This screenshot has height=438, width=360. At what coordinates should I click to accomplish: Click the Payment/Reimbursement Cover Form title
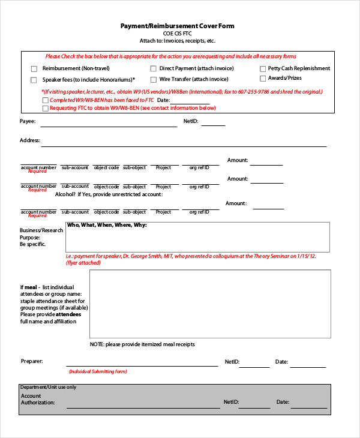(177, 26)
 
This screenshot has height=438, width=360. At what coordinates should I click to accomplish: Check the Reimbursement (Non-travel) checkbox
(34, 69)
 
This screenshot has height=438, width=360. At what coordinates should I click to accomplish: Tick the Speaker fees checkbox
(34, 79)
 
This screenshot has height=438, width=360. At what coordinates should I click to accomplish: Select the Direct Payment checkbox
(154, 69)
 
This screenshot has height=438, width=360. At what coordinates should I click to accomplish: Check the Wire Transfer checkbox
(154, 79)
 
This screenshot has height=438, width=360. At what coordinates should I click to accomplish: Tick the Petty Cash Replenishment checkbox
(263, 69)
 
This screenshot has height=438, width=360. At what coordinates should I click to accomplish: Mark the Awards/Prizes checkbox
(263, 79)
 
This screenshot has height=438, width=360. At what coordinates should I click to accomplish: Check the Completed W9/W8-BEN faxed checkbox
(46, 100)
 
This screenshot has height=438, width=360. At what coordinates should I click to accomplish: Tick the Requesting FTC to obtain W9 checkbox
(46, 109)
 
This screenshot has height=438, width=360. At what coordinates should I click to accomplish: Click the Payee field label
(28, 121)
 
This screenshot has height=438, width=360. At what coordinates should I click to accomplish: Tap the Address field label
(29, 140)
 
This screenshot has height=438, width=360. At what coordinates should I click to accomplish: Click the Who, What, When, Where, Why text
(107, 226)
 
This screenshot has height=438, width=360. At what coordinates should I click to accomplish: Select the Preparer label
(31, 362)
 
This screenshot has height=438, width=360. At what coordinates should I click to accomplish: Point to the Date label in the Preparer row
(281, 362)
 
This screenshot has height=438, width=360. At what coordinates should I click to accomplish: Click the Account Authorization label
(37, 399)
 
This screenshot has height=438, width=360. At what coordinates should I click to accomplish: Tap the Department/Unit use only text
(48, 387)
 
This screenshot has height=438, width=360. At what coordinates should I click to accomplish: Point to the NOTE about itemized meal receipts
(142, 344)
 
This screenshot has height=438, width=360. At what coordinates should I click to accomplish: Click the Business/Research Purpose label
(41, 237)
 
